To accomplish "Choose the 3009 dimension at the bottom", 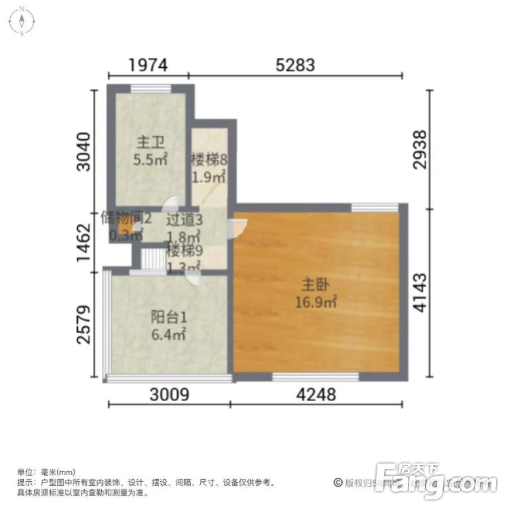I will click(168, 394).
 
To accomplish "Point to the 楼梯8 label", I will click(208, 161).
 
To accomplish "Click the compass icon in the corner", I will click(22, 21).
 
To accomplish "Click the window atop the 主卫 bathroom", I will click(151, 87).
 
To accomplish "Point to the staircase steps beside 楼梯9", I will click(155, 259).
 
